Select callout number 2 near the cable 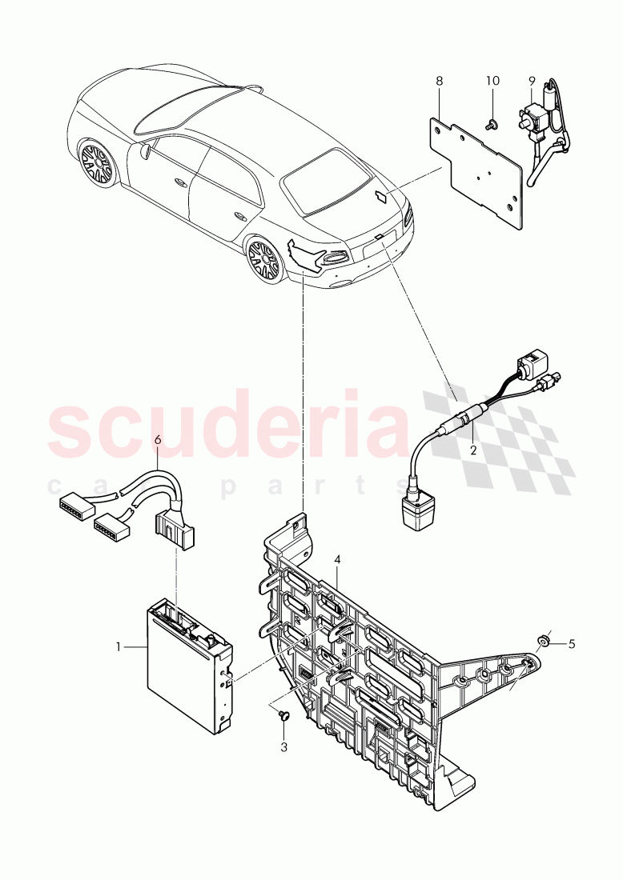click(472, 450)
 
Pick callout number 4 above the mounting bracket click(338, 561)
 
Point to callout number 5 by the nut click(573, 642)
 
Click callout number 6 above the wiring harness click(157, 439)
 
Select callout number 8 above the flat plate click(438, 81)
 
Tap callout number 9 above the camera click(530, 81)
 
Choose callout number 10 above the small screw click(492, 81)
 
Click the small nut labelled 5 click(542, 639)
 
